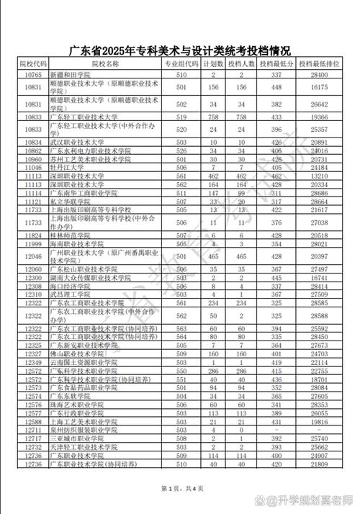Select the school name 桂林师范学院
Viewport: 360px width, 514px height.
(x=71, y=235)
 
